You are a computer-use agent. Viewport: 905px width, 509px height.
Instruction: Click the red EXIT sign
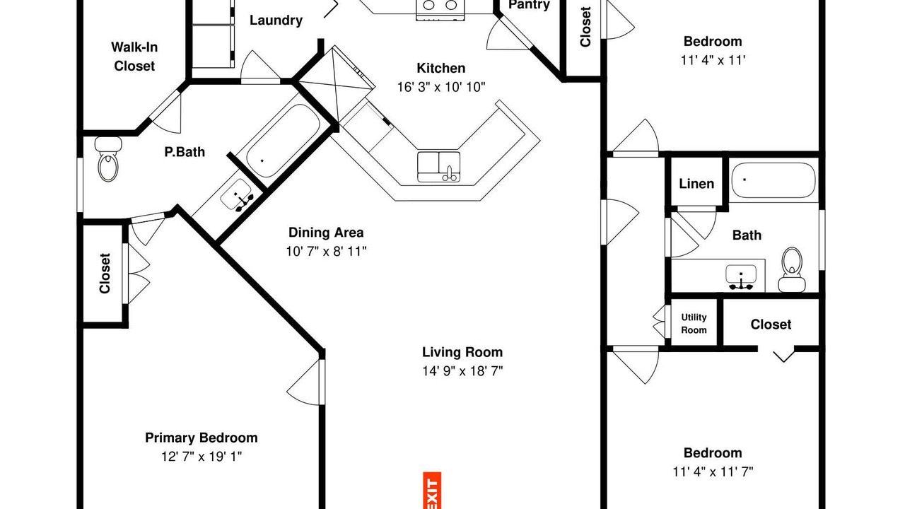pos(432,491)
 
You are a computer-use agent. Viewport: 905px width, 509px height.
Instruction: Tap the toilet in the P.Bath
pos(108,159)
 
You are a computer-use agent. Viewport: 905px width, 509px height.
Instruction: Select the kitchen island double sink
pos(439,167)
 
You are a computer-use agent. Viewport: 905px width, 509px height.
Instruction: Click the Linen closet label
pos(696,184)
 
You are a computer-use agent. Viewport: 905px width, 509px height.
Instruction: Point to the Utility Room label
pos(694,324)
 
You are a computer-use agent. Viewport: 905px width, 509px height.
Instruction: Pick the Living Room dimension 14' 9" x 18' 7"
pos(462,371)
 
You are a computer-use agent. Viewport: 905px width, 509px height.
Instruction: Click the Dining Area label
pos(326,233)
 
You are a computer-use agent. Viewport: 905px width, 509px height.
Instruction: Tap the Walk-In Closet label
pos(134,57)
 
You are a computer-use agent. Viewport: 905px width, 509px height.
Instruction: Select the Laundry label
pos(276,21)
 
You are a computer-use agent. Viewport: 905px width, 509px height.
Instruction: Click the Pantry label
pos(529,5)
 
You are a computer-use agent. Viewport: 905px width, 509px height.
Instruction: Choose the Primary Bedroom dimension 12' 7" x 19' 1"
pos(202,457)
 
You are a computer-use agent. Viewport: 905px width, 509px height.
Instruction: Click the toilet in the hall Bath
pos(792,269)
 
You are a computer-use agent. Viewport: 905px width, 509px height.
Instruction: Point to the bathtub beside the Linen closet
pos(773,180)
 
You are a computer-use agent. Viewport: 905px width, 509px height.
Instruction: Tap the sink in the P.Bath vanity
pos(237,196)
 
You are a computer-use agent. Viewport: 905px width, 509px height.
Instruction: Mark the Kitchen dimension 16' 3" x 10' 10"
pos(441,87)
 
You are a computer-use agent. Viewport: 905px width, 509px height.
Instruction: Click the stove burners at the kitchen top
pos(440,6)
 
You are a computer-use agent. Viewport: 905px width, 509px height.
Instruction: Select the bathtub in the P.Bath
pos(284,140)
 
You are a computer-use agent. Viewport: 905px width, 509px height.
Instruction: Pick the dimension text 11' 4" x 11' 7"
pos(713,472)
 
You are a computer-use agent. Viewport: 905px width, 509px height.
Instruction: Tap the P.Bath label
pos(185,152)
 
